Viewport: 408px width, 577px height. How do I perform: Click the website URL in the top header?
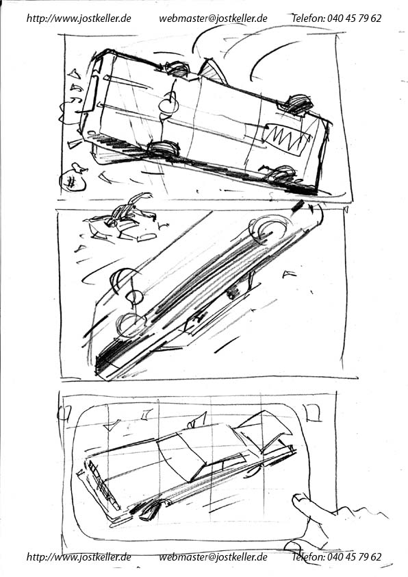[x=79, y=19]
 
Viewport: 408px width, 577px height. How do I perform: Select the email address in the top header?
[x=213, y=19]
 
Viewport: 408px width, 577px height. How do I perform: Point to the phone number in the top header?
[x=354, y=18]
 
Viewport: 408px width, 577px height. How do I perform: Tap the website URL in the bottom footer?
[x=79, y=557]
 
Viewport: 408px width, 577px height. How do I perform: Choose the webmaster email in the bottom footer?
[x=213, y=557]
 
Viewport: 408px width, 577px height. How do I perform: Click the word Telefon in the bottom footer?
[x=307, y=556]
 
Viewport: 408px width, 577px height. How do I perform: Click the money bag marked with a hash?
[x=73, y=177]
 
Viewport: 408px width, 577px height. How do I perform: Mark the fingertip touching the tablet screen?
[x=300, y=501]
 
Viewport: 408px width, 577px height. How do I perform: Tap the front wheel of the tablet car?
[x=151, y=510]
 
